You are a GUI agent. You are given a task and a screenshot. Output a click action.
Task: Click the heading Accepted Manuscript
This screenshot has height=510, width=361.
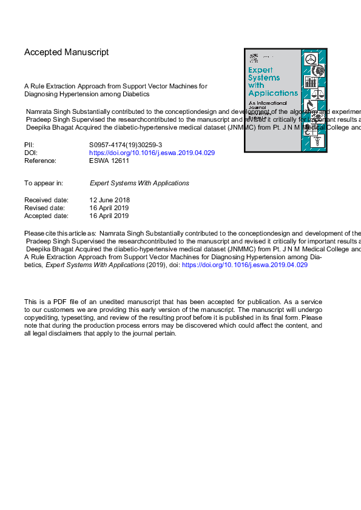point(66,53)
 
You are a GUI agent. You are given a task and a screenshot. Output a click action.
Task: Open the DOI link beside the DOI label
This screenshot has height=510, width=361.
point(152,153)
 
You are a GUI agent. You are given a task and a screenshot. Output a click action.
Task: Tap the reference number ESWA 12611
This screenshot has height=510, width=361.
point(109,161)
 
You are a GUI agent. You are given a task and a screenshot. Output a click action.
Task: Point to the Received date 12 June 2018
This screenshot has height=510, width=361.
point(109,200)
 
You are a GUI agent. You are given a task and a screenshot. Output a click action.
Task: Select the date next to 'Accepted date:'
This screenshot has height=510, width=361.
point(109,216)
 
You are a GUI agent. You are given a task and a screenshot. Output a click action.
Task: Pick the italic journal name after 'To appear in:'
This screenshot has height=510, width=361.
point(139,183)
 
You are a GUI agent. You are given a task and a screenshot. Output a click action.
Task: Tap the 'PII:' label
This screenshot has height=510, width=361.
point(29,145)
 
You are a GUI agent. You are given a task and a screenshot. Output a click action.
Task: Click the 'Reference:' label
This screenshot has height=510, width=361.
point(40,161)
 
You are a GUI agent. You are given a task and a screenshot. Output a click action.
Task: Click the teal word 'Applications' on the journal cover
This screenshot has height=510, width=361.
point(273,93)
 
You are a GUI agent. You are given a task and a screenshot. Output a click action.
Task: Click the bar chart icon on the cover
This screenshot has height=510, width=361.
point(311,81)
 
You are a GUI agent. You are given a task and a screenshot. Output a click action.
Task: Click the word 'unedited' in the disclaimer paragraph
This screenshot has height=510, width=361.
point(105,302)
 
